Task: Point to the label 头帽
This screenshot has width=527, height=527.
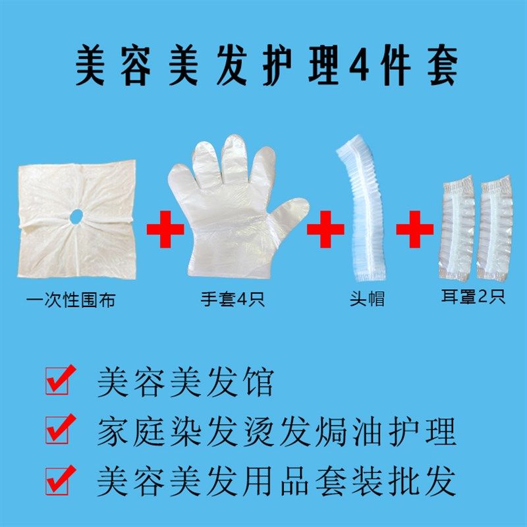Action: click(366, 300)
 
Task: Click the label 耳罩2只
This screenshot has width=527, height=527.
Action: click(473, 298)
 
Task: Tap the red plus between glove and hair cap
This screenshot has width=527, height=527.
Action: click(325, 230)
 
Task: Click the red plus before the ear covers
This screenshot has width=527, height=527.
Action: click(415, 230)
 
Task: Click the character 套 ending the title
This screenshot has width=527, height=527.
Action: click(439, 66)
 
